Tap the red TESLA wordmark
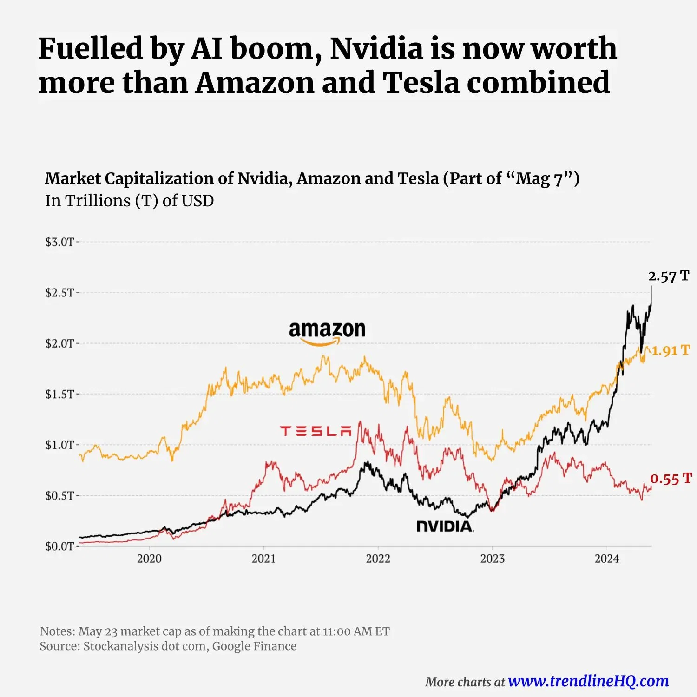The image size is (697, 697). (316, 431)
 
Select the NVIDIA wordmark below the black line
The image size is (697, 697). (445, 526)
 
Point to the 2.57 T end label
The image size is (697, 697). (668, 276)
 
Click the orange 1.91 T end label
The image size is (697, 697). (670, 350)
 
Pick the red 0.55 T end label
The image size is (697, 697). (671, 479)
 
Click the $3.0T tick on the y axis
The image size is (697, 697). (59, 242)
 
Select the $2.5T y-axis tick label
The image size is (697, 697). (59, 293)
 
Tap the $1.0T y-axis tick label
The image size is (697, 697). (59, 445)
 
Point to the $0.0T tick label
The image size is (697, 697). (59, 546)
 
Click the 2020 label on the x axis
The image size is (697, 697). (149, 559)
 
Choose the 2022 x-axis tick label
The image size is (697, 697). (378, 559)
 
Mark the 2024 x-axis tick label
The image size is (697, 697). (606, 559)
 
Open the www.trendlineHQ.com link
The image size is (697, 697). (588, 681)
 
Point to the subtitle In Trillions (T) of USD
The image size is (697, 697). (129, 201)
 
